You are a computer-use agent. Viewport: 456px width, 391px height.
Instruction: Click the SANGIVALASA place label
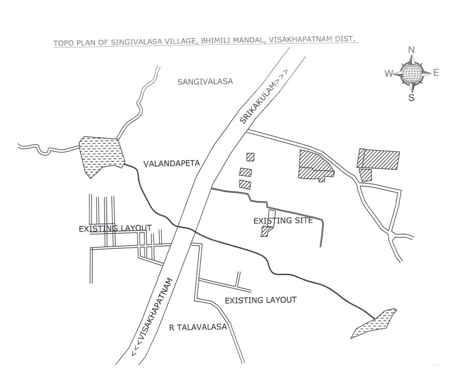205,81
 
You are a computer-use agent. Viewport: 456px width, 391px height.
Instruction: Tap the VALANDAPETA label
171,163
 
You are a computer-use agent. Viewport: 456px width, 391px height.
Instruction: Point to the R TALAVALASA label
198,327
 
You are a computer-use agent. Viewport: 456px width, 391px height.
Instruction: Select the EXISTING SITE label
283,221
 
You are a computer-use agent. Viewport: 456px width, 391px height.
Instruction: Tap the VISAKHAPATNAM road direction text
152,317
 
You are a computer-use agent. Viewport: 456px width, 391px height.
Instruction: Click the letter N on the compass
411,50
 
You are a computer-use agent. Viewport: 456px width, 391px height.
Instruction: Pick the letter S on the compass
411,98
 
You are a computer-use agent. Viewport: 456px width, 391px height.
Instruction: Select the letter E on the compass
436,72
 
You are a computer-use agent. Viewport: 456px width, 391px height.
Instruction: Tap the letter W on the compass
389,73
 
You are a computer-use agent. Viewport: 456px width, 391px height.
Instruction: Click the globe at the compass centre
411,73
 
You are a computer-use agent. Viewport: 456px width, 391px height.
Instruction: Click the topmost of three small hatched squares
250,157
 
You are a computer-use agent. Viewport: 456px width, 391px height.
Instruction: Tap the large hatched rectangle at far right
378,159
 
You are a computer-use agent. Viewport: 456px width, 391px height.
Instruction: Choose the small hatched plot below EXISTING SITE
267,232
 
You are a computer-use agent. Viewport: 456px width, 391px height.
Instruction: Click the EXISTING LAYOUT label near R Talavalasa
261,300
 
